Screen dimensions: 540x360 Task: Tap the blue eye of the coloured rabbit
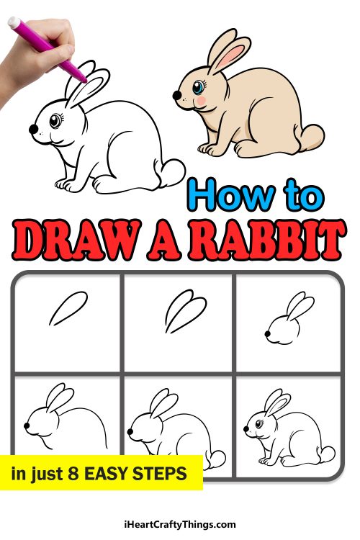(197, 89)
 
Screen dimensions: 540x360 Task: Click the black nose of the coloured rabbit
(176, 94)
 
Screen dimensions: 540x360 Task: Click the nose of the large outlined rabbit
(33, 129)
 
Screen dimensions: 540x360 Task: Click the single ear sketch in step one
(68, 308)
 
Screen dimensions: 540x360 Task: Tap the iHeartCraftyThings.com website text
(179, 525)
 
